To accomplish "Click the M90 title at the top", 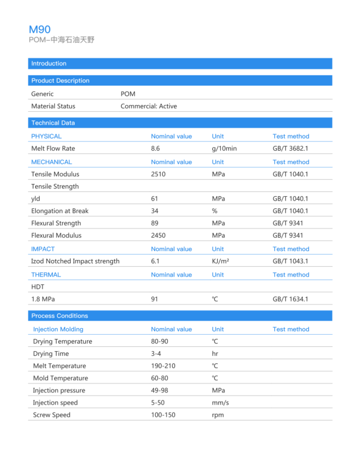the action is pos(40,29).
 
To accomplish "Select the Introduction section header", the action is pos(49,63).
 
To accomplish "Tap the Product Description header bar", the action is pos(60,80).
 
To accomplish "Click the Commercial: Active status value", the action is pos(148,106).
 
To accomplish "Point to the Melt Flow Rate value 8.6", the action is pos(155,148).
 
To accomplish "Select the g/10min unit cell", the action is pos(224,148).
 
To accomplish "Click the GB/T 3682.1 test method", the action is pos(290,148).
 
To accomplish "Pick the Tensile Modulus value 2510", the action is pos(158,174).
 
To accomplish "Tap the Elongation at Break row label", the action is pos(60,211).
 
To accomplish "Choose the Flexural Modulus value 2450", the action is pos(158,235).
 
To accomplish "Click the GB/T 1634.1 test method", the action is pos(290,299).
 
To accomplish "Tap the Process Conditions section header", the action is pos(60,315).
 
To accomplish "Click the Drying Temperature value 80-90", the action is pos(161,341).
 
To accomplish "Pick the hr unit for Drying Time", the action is pos(215,354).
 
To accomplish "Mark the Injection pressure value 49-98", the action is pos(161,390).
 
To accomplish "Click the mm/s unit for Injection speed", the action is pos(220,402).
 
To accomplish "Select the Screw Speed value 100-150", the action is pos(163,414).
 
